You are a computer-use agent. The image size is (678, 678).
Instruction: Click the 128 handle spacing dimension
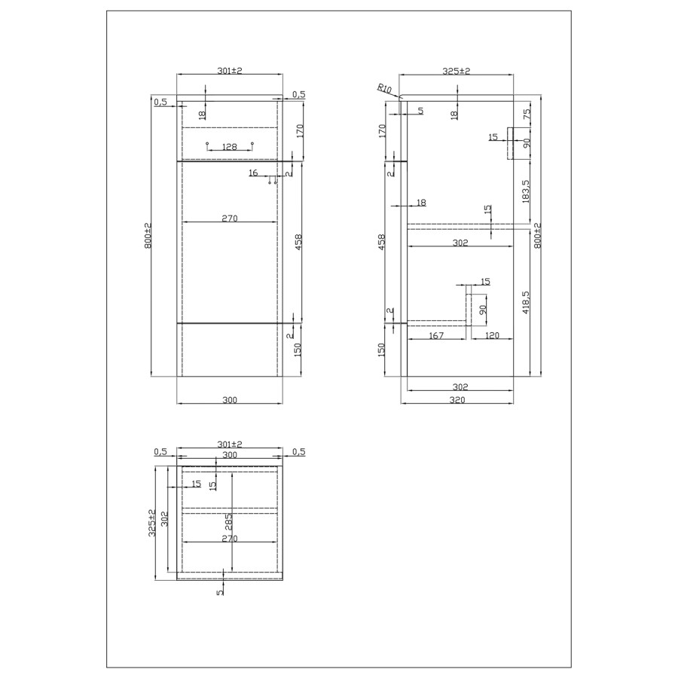pos(230,147)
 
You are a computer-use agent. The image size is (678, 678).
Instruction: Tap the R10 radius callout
pos(386,90)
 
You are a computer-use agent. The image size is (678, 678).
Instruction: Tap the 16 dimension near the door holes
pos(252,173)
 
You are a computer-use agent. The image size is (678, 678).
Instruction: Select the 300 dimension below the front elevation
pos(230,400)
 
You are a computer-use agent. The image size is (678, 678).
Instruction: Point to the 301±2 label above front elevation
pos(229,71)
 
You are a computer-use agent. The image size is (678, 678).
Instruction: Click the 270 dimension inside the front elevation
pos(230,218)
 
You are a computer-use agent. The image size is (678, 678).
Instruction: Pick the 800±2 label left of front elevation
pos(149,236)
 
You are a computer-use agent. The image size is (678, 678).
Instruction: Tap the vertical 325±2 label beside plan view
pos(152,521)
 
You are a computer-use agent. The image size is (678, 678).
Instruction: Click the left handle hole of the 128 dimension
pos(207,143)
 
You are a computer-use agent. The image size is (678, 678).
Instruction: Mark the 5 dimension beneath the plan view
pos(220,592)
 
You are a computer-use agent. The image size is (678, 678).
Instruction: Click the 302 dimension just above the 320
pos(461,386)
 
